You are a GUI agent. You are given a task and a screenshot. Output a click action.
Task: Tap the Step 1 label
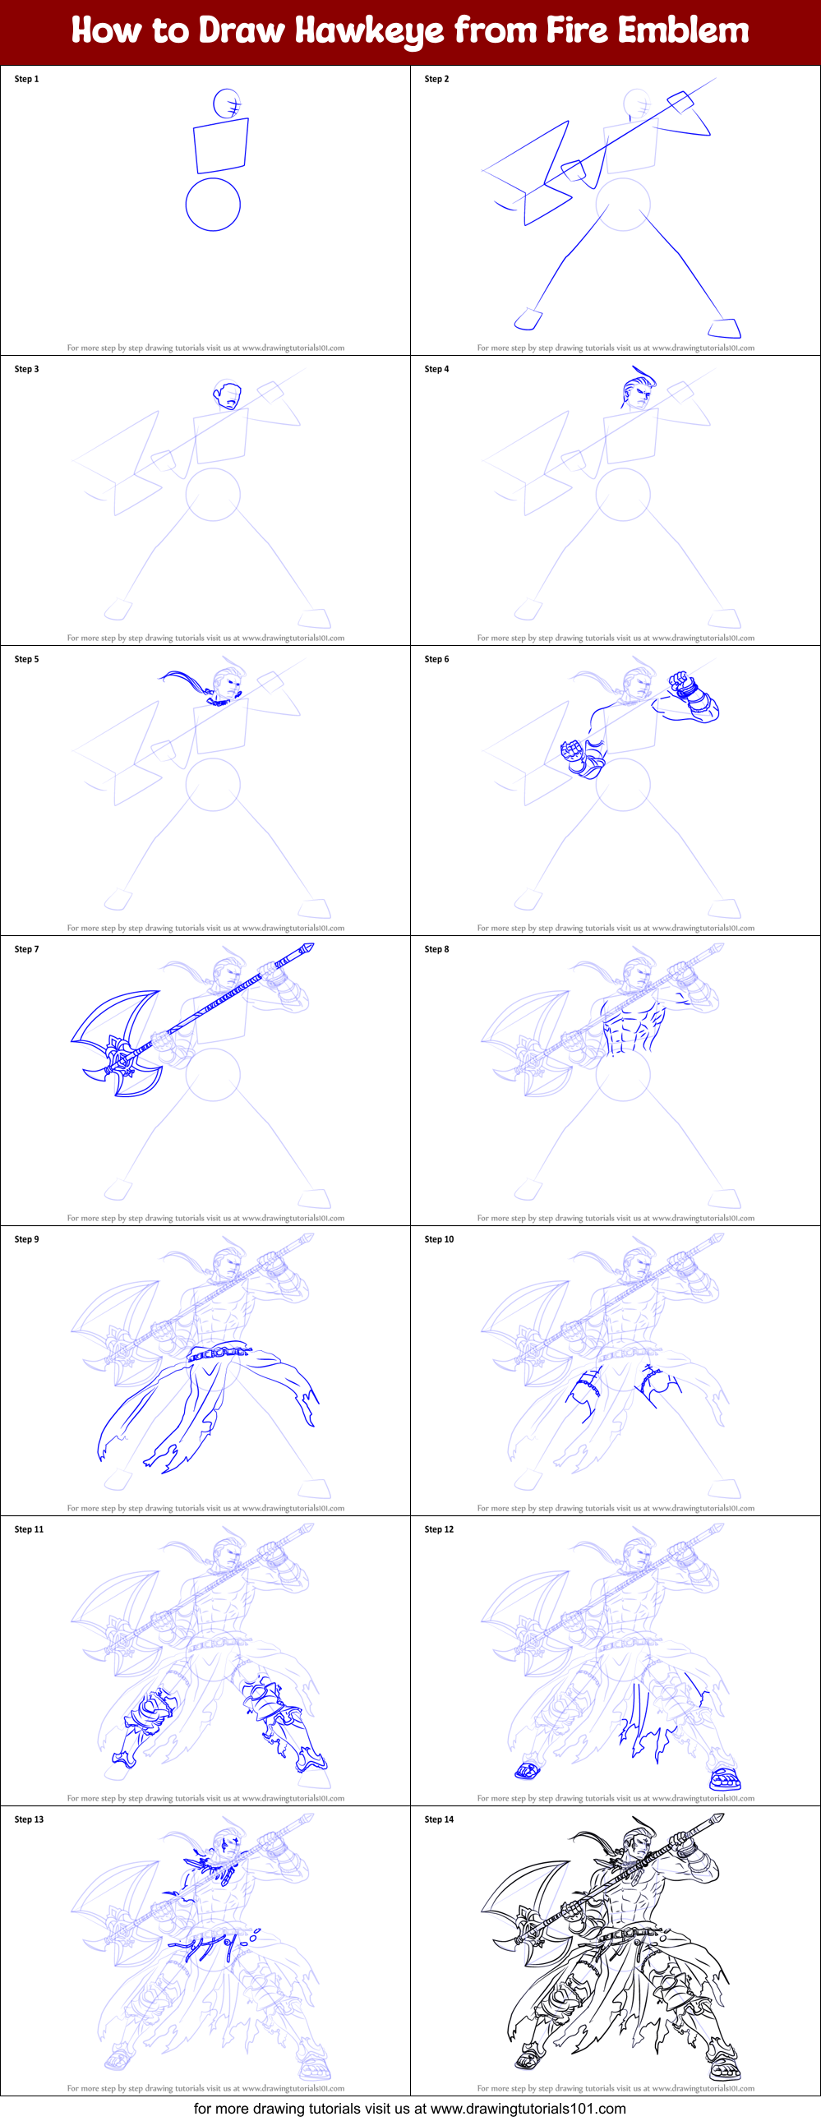pyautogui.click(x=26, y=79)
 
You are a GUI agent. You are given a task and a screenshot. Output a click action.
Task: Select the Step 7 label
pyautogui.click(x=26, y=948)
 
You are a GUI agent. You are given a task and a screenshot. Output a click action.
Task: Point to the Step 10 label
pyautogui.click(x=439, y=1238)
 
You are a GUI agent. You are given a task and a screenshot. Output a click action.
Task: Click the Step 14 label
pyautogui.click(x=439, y=1819)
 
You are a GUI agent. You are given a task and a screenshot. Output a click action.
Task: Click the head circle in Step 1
pyautogui.click(x=227, y=104)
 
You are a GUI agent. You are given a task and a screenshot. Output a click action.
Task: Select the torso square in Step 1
pyautogui.click(x=221, y=145)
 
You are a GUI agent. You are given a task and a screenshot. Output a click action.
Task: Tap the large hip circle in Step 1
pyautogui.click(x=213, y=204)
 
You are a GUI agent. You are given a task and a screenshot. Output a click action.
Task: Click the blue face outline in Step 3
pyautogui.click(x=228, y=396)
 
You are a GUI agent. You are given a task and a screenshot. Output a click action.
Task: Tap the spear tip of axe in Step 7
pyautogui.click(x=307, y=948)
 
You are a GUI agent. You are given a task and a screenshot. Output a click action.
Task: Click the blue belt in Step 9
pyautogui.click(x=218, y=1352)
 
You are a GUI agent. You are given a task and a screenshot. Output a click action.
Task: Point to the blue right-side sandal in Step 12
pyautogui.click(x=725, y=1779)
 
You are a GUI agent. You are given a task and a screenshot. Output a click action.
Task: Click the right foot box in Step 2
pyautogui.click(x=726, y=328)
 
